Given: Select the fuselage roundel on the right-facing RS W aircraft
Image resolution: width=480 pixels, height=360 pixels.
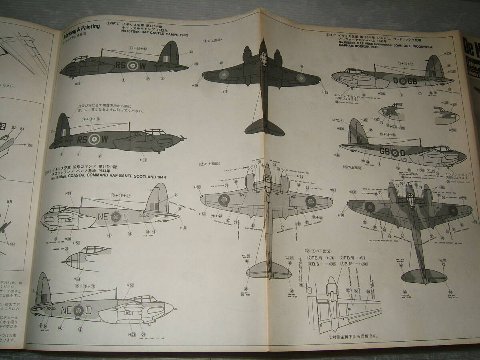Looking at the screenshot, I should pyautogui.click(x=95, y=139).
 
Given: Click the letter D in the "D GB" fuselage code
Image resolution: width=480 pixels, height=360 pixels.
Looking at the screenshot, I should pyautogui.click(x=396, y=81).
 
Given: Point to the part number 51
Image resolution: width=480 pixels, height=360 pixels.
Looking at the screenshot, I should pyautogui.click(x=22, y=128).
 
